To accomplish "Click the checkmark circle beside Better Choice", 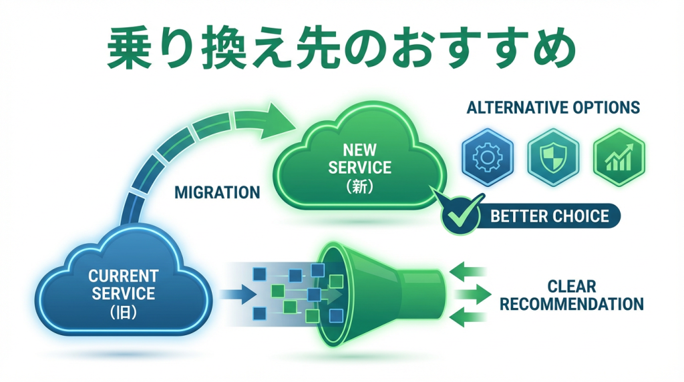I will click(462, 216).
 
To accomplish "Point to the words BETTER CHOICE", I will click(549, 216).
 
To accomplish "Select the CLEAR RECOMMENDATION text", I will click(572, 296).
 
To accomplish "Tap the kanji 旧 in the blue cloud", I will click(124, 312).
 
